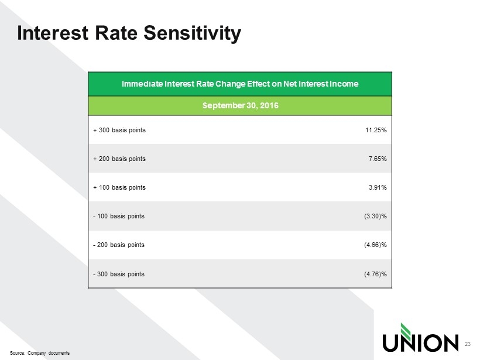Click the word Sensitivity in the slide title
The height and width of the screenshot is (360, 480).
[x=192, y=33]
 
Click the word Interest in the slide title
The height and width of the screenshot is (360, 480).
[x=53, y=32]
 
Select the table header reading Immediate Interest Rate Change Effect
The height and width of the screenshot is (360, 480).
[x=240, y=84]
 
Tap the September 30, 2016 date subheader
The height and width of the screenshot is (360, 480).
[x=241, y=105]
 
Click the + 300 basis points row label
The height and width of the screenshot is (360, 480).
[x=119, y=130]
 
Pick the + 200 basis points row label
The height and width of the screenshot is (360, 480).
[x=119, y=159]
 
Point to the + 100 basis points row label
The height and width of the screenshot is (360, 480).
[x=119, y=187]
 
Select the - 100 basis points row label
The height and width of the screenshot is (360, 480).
[x=119, y=216]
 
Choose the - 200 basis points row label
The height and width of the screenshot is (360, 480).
[x=119, y=245]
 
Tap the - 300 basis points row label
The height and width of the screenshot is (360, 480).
[x=119, y=274]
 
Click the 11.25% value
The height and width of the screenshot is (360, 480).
[x=376, y=130]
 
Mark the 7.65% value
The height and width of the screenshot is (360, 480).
[x=378, y=159]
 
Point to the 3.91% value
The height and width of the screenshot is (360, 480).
[x=378, y=187]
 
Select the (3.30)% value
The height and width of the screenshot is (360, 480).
[x=375, y=216]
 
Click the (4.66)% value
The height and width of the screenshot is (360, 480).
[x=375, y=245]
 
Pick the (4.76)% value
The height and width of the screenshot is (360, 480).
[x=375, y=274]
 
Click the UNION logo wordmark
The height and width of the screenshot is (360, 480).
[x=420, y=343]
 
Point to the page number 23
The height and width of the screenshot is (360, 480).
[x=468, y=344]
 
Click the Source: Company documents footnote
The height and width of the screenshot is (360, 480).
[x=40, y=353]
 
